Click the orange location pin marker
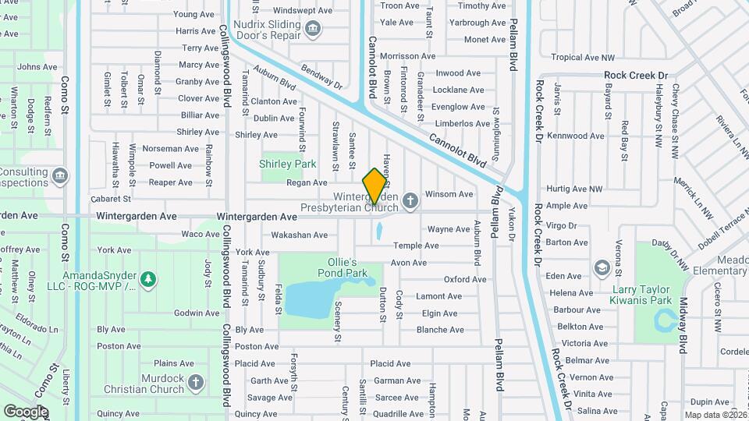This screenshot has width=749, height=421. (375, 186)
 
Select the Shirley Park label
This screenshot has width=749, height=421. (288, 165)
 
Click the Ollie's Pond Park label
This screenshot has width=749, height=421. (342, 268)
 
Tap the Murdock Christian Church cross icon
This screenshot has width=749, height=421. (196, 383)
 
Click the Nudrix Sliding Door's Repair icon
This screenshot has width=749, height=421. (314, 30)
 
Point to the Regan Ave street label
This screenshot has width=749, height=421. (307, 182)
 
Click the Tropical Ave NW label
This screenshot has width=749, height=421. (583, 57)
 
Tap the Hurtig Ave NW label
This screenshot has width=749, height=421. (574, 189)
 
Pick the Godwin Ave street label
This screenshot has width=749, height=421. (197, 313)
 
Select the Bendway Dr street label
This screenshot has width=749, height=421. (322, 76)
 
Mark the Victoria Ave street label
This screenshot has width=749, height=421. (584, 343)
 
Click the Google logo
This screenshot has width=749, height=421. (27, 411)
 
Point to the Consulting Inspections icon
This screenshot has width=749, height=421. (61, 177)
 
